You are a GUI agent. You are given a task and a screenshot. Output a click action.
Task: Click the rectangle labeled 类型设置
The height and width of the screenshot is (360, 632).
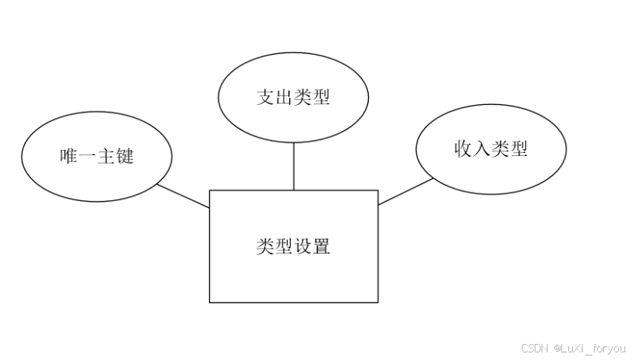click(x=294, y=274)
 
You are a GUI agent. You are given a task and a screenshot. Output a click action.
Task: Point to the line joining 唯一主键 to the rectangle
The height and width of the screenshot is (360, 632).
click(x=183, y=196)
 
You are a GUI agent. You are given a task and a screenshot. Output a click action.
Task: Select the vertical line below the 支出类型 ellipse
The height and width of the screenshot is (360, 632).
click(x=294, y=166)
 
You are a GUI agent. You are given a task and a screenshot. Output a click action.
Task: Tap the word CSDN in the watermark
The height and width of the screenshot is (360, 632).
click(x=535, y=348)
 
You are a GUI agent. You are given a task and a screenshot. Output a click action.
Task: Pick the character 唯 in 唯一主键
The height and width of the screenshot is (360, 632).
click(x=68, y=157)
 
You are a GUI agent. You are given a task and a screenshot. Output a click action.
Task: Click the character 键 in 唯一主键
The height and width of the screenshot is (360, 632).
click(x=125, y=157)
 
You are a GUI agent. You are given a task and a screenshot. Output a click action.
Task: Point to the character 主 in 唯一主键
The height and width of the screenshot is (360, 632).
click(x=106, y=157)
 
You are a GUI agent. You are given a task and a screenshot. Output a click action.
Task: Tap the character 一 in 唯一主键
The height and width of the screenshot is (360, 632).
click(x=87, y=157)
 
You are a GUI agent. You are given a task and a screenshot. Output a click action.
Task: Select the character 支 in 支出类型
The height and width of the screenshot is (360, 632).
click(x=265, y=97)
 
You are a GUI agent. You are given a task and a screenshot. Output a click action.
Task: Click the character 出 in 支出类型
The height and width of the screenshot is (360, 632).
click(x=284, y=97)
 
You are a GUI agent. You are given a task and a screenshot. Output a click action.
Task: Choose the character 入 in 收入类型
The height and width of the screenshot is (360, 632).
click(x=481, y=148)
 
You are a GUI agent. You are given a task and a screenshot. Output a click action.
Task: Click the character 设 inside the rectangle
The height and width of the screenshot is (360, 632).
click(x=303, y=247)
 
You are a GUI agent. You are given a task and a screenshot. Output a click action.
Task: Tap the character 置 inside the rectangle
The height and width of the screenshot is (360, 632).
click(x=322, y=247)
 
